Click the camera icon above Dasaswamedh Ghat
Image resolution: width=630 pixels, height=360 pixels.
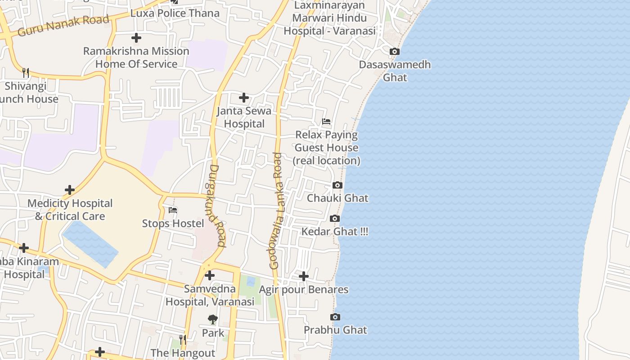tap(394, 52)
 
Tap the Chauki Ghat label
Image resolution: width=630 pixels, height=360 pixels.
tap(337, 198)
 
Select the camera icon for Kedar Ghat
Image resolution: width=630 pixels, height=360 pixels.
tap(334, 219)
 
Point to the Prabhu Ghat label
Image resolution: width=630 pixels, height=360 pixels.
tap(335, 330)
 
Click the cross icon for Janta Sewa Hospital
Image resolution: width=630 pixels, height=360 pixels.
tap(244, 98)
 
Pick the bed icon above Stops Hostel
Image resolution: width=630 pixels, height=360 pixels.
tap(173, 210)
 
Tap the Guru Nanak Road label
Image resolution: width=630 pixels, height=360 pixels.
tap(63, 26)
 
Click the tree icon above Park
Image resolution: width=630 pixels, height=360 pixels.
tap(213, 319)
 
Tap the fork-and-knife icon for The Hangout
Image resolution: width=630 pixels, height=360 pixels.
tap(183, 339)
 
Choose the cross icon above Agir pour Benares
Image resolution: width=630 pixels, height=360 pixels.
tap(304, 276)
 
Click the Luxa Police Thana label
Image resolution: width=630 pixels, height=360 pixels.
tap(175, 13)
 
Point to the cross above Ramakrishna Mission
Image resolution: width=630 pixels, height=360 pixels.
tap(136, 38)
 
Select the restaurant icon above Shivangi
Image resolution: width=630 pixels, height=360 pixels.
tap(26, 72)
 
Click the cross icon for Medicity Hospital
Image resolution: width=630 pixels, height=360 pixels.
tap(70, 190)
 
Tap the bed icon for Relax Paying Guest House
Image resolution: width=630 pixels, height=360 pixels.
tap(326, 121)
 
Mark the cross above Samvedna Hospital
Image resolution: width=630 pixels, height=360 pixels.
tap(210, 275)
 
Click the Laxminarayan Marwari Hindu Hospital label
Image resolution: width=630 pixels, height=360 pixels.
tap(329, 18)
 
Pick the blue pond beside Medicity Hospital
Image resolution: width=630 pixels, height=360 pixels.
tap(90, 243)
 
